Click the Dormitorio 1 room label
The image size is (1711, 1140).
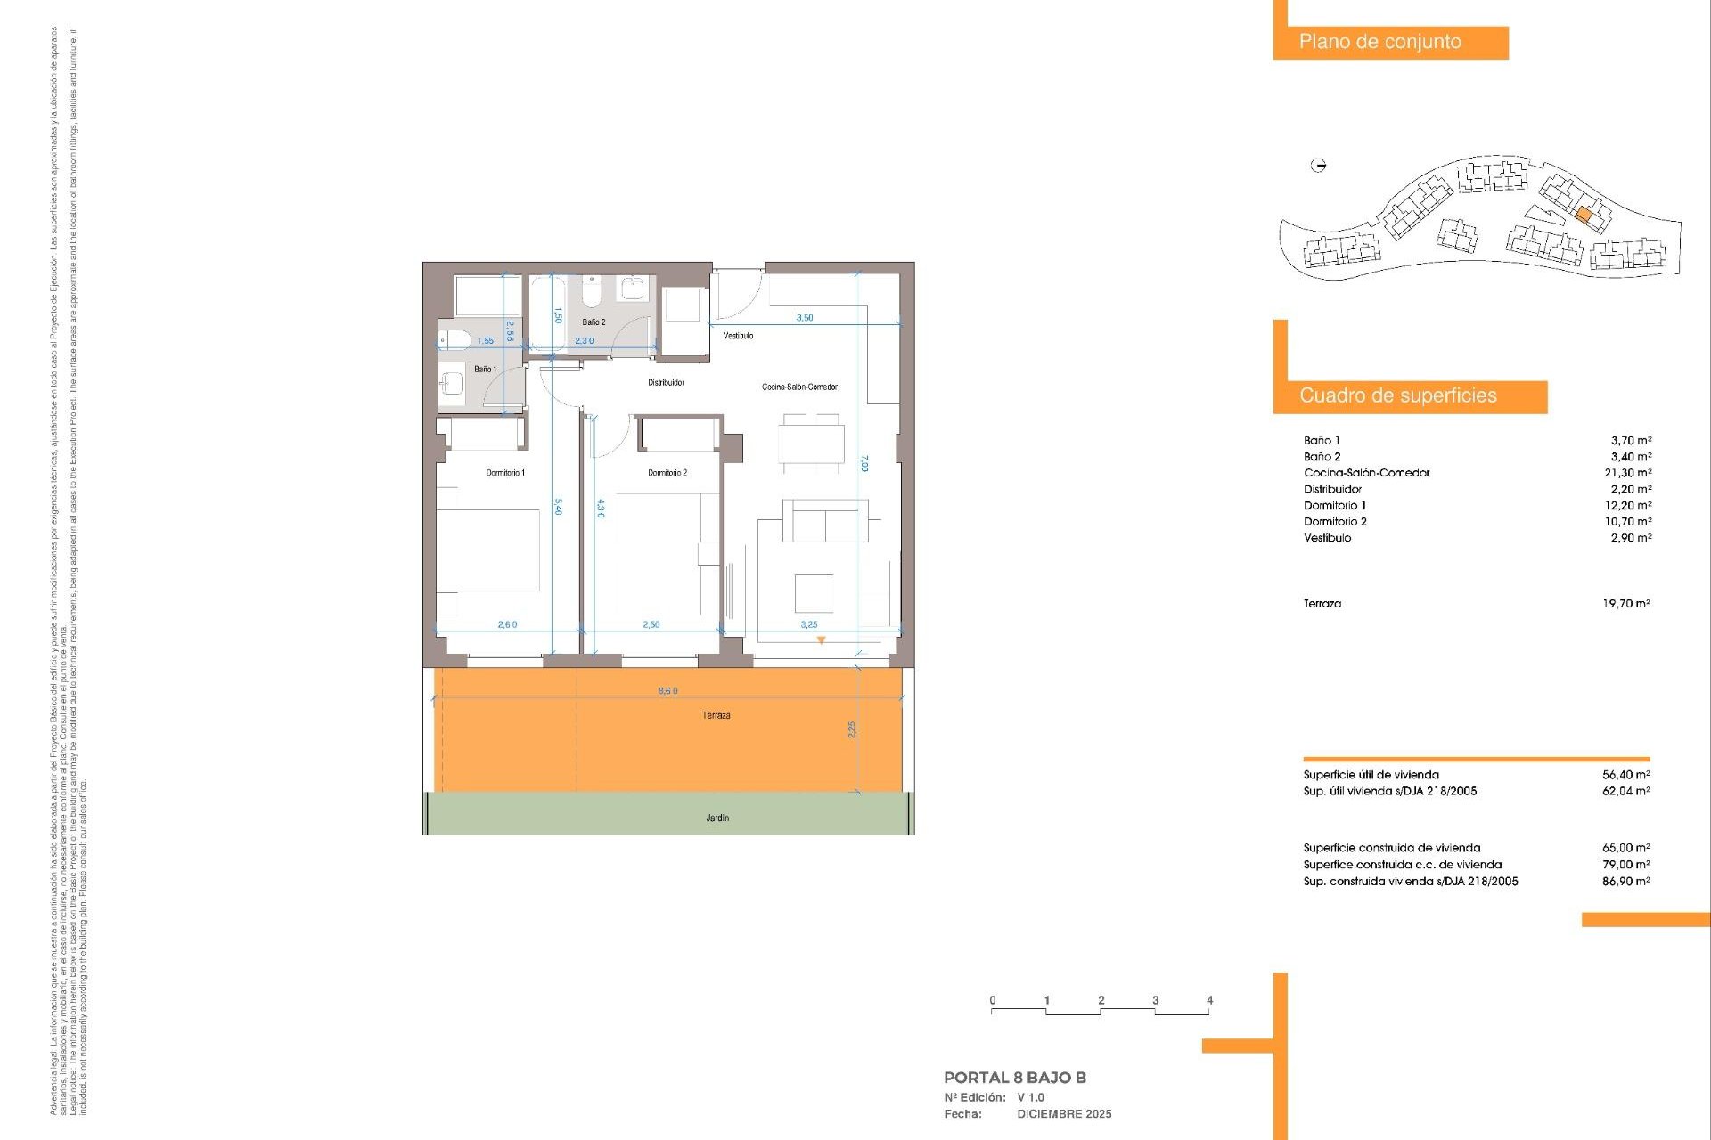(505, 473)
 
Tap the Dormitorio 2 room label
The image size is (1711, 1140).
(667, 473)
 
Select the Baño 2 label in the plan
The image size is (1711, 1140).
(594, 322)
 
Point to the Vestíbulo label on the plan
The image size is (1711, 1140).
(738, 336)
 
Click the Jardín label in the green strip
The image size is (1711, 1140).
(717, 818)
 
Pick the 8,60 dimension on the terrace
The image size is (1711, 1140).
(667, 691)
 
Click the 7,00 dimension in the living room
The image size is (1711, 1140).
(864, 463)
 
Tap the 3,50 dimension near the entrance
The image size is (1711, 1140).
(804, 318)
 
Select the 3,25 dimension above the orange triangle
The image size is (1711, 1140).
(808, 625)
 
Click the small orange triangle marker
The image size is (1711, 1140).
(821, 640)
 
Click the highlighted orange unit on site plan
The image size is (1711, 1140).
(1584, 215)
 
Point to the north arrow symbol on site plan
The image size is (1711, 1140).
(1319, 165)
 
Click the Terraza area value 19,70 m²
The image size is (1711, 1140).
(1625, 604)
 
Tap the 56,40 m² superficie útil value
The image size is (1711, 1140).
(1625, 775)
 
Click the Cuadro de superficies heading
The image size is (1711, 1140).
(1397, 396)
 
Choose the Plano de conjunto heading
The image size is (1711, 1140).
(1379, 42)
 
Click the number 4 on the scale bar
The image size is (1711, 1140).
(1209, 1000)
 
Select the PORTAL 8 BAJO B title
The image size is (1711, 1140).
(1014, 1078)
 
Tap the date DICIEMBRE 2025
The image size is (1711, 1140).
(1064, 1114)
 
